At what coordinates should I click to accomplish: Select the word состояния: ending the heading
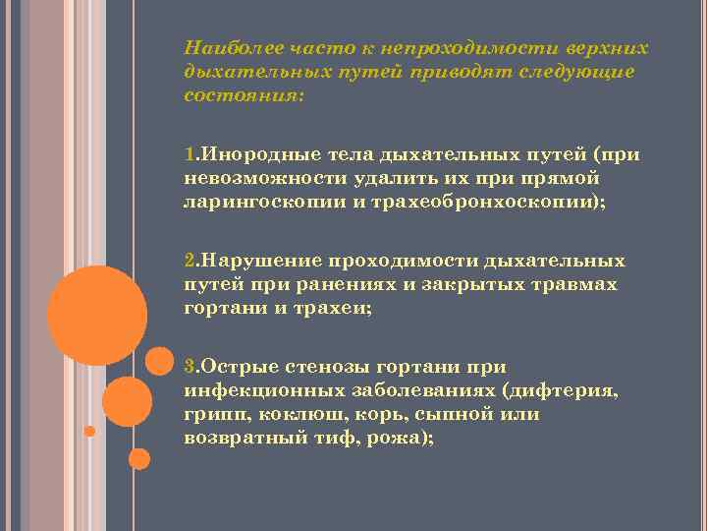click(x=244, y=96)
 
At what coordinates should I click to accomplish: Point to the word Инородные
click(x=242, y=155)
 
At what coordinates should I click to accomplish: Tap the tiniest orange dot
click(x=89, y=431)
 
